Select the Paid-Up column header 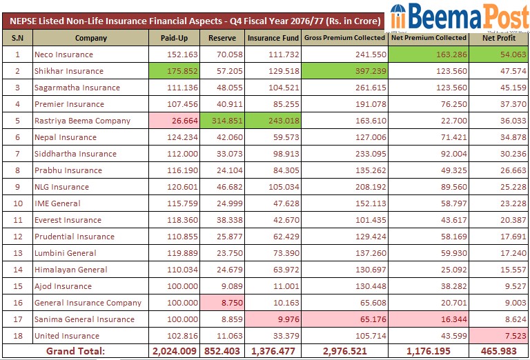pyautogui.click(x=175, y=38)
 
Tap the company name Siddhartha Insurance pyautogui.click(x=75, y=154)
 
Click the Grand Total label pyautogui.click(x=75, y=352)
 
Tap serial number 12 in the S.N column pyautogui.click(x=17, y=237)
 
